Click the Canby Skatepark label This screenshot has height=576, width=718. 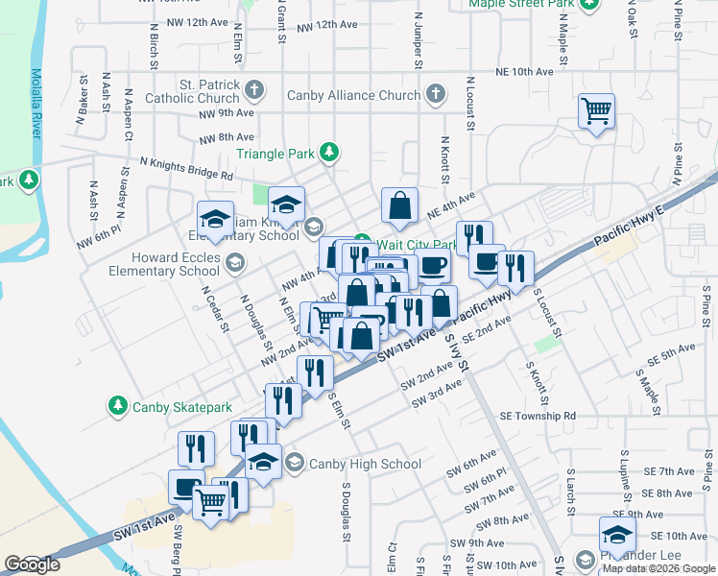coord(177,406)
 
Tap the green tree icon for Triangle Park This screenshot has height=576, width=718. coord(329,152)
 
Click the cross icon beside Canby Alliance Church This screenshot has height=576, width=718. coord(435,94)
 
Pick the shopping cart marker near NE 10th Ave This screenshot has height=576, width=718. coord(596,111)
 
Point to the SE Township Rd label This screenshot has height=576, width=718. coord(538,416)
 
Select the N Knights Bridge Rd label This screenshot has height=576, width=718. coord(185,169)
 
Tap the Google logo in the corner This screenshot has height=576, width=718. coord(32,564)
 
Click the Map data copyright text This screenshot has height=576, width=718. coord(658,568)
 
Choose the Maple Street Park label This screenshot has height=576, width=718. coord(521,4)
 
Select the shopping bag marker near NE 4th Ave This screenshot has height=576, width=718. coord(399,204)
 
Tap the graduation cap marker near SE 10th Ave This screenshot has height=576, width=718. coord(617,534)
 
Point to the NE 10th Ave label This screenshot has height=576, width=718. coord(525,72)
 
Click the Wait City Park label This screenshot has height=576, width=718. coord(413,244)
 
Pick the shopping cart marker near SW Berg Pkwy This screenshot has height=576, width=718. coord(211,499)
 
